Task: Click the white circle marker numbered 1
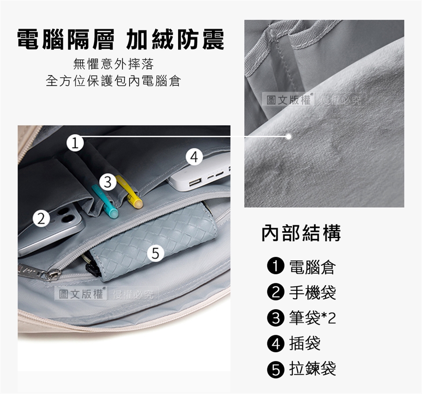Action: click(75, 143)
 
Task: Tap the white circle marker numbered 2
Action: click(41, 219)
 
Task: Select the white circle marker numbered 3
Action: click(108, 182)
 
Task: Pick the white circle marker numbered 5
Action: click(156, 253)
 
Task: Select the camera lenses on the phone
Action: click(64, 215)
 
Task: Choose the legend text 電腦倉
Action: click(313, 267)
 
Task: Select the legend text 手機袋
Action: click(313, 293)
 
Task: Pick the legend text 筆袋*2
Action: click(313, 318)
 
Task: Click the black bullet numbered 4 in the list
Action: click(276, 343)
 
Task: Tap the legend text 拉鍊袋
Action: click(313, 369)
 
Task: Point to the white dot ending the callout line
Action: click(289, 137)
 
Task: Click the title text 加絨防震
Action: click(175, 39)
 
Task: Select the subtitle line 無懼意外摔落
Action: click(113, 64)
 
